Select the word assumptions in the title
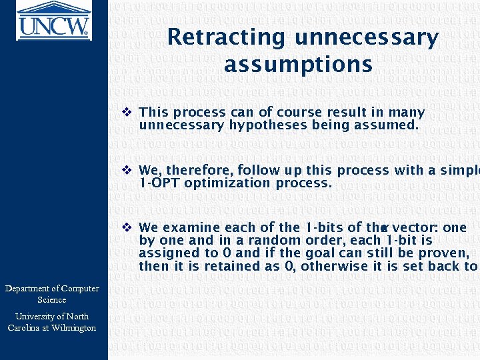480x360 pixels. pyautogui.click(x=298, y=65)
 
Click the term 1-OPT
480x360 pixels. pyautogui.click(x=159, y=183)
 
